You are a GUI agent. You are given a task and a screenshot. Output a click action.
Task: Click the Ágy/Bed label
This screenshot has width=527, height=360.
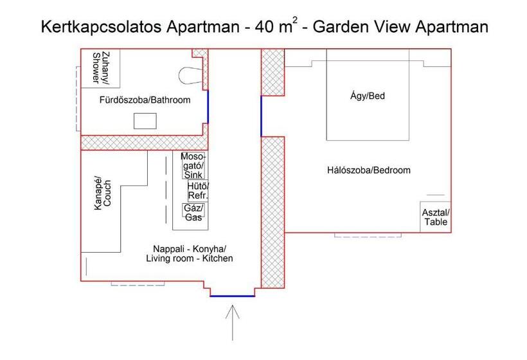368,96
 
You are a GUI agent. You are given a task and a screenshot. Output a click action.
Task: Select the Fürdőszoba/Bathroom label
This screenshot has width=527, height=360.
145,100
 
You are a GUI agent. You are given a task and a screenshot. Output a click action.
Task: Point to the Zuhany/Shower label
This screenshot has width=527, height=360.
98,67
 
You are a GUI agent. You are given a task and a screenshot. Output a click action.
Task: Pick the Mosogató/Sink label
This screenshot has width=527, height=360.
193,166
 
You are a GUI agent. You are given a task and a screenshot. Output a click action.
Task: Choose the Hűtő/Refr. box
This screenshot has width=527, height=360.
197,191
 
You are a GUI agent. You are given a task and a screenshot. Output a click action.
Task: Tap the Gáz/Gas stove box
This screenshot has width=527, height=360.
193,213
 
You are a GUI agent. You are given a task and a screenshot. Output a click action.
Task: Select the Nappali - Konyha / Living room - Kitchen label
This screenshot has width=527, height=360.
189,254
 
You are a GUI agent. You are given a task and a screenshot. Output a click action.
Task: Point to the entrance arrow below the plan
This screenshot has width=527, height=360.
233,321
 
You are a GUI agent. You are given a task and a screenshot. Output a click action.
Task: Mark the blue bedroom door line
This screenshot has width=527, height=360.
261,116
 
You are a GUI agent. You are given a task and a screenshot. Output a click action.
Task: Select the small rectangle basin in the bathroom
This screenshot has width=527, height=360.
145,121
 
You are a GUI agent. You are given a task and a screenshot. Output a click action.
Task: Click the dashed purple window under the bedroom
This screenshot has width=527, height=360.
368,236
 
